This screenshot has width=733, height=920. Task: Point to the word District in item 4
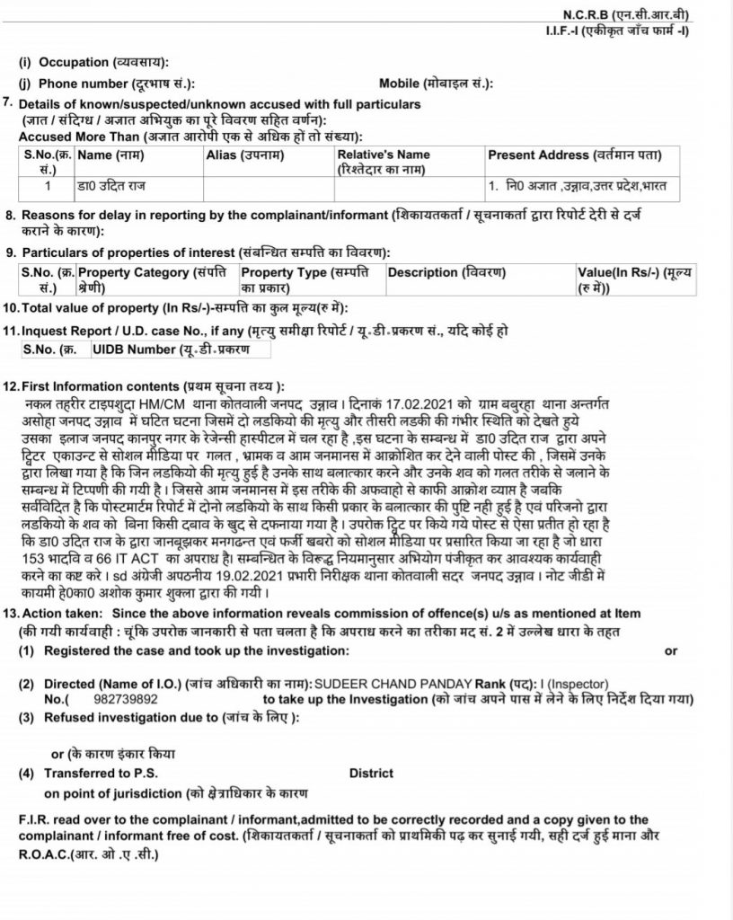tap(371, 774)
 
